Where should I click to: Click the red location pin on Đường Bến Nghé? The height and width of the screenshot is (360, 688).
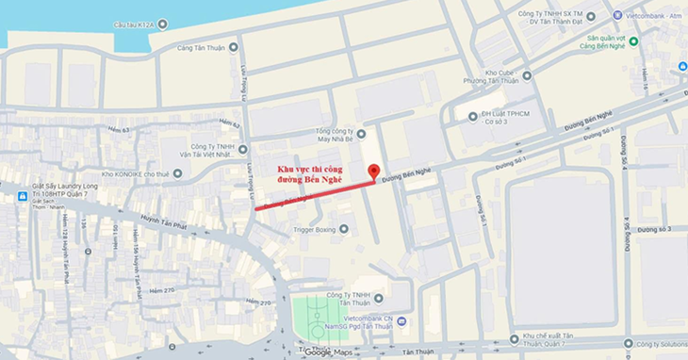tap(373, 172)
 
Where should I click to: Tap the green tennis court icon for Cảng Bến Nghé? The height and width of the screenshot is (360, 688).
tap(634, 41)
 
